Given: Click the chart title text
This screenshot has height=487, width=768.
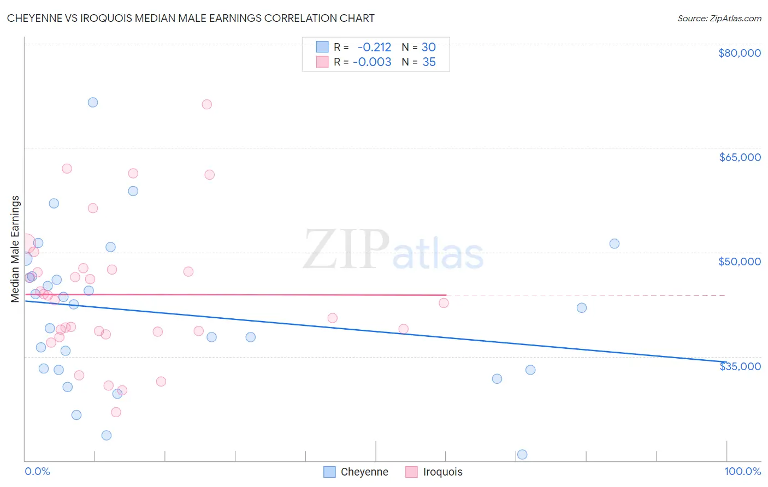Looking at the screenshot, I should (x=191, y=18).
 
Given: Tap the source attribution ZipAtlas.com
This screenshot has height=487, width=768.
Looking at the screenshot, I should (x=719, y=18).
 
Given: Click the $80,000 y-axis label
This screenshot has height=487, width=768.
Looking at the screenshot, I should (x=739, y=53).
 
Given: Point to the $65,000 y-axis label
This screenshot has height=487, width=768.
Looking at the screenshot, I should (x=739, y=157).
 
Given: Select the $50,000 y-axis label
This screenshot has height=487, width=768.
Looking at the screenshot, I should (x=739, y=262).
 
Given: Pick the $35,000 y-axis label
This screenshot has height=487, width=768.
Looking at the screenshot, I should (x=739, y=366).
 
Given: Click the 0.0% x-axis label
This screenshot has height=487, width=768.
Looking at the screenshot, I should (x=37, y=471).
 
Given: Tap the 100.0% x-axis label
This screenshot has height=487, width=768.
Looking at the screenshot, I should (x=742, y=471).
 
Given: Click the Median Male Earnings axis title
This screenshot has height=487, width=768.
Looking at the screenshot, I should (x=15, y=248).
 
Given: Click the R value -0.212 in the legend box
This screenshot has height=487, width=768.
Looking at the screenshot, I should (x=374, y=47).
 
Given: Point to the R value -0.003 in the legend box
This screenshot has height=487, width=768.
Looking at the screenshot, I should (x=372, y=62).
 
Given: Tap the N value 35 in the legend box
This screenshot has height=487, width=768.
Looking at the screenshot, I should (x=429, y=62).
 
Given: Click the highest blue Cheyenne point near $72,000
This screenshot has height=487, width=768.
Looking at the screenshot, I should (x=93, y=103).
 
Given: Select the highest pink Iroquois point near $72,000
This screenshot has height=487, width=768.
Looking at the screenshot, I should (x=206, y=104).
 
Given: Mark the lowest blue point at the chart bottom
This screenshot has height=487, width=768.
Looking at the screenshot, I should (x=522, y=454).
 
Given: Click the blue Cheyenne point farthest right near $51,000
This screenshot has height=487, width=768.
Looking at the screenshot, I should (x=615, y=243).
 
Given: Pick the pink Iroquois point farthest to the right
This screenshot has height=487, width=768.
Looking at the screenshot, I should (x=444, y=303).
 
